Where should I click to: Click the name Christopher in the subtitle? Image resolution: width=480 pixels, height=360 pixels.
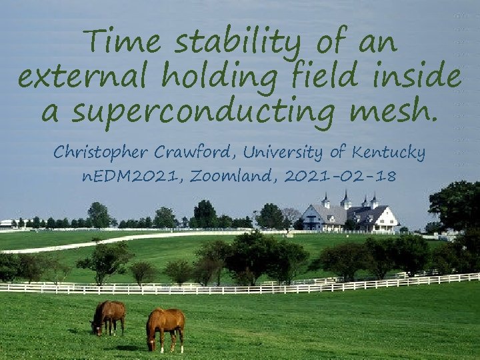tap(101, 153)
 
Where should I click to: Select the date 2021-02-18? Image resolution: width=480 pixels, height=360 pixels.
tap(339, 177)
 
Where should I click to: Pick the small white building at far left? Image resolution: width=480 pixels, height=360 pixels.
tap(8, 224)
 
